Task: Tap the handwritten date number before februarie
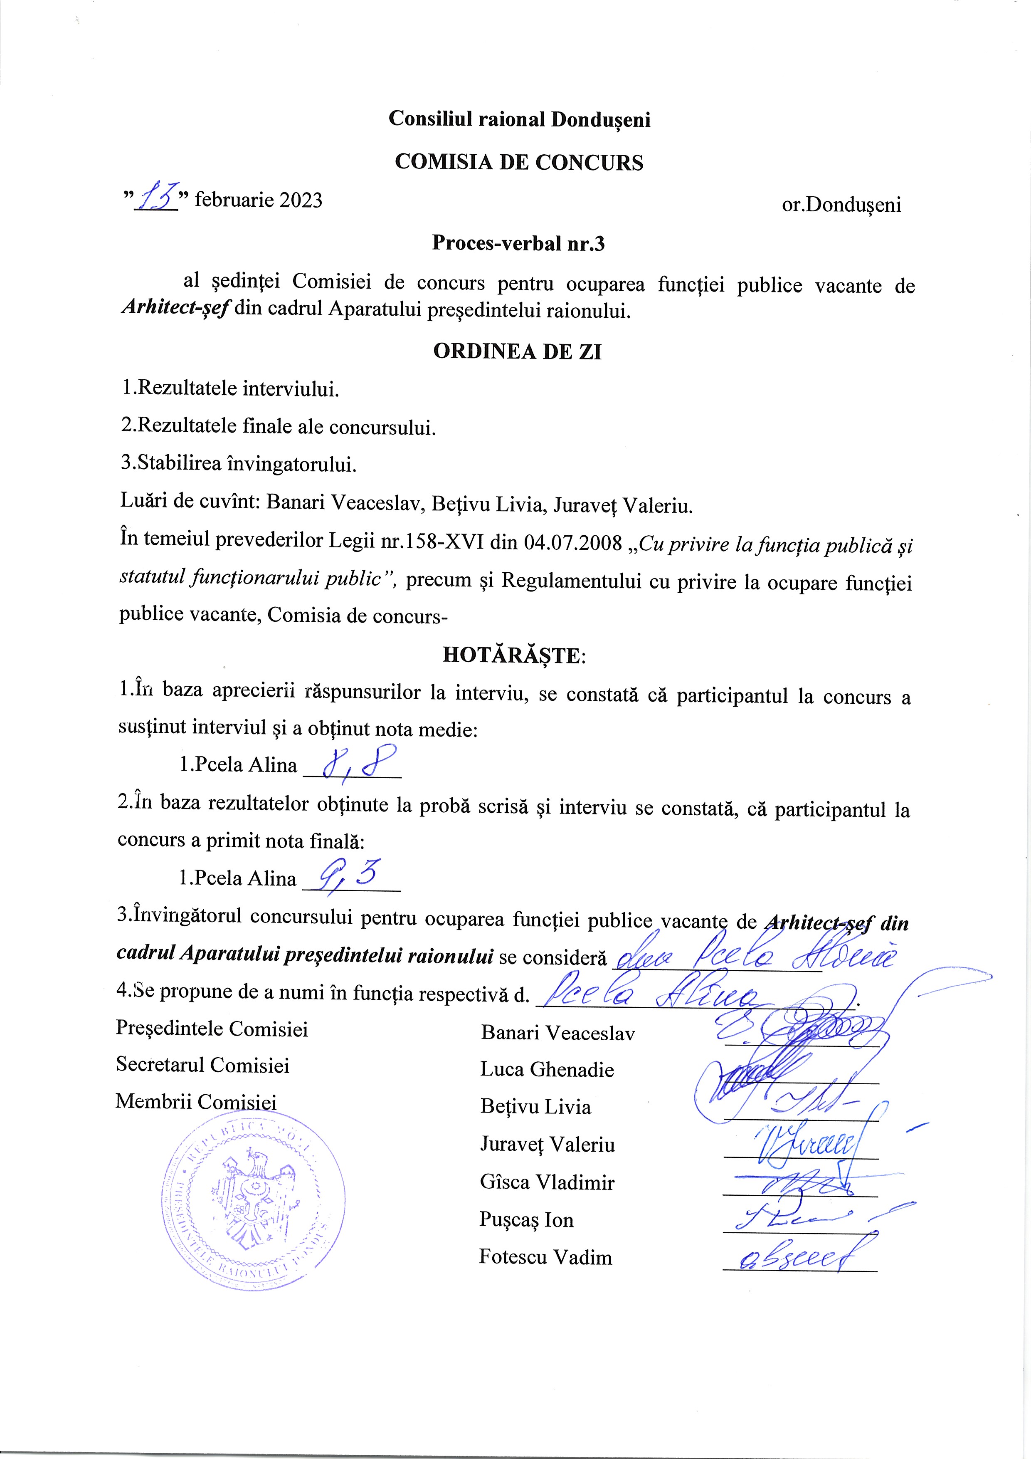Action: tap(155, 197)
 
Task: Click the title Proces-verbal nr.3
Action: tap(518, 243)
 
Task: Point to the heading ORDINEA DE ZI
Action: tap(517, 351)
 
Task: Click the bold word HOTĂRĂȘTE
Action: tap(513, 655)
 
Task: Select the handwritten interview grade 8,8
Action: tap(359, 764)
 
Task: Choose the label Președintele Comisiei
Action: tap(212, 1029)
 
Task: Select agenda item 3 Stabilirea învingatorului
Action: tap(239, 464)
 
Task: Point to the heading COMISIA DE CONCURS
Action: tap(518, 162)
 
